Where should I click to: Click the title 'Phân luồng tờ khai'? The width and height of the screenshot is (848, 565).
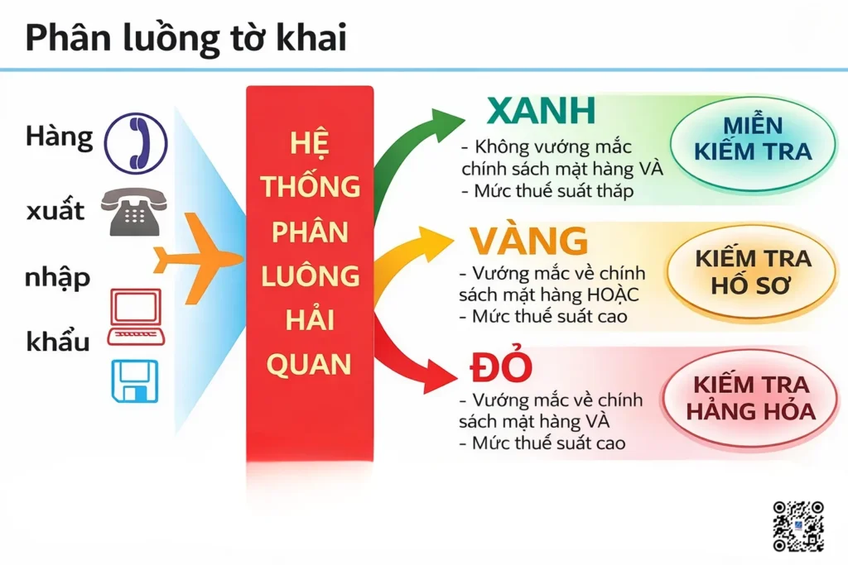pos(185,39)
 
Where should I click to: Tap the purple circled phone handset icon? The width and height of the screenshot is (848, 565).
pos(136,144)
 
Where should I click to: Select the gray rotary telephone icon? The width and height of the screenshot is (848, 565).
pos(133,211)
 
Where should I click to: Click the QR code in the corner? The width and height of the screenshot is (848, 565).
pos(798,526)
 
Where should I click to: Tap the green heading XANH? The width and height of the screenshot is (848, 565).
pos(541,112)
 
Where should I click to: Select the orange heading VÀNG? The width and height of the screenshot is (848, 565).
pos(529,242)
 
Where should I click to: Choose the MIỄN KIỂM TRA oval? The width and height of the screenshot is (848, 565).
pos(752,139)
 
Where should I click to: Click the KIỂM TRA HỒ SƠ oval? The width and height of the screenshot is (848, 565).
pos(752,271)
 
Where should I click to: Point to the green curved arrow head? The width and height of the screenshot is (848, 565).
pos(447,123)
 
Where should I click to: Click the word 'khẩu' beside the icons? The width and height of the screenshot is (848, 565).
pos(57,340)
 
